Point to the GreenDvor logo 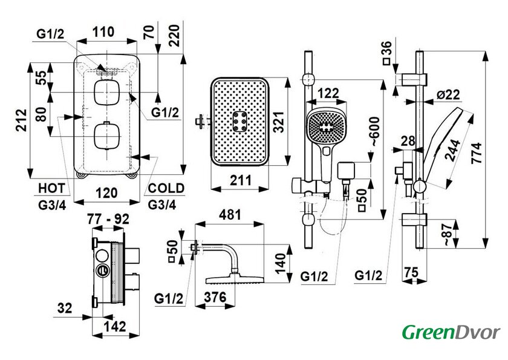pos(451,332)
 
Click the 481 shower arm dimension pos(229,215)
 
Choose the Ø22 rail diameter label pos(448,94)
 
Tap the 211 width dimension pos(241,178)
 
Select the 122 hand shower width pos(328,93)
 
